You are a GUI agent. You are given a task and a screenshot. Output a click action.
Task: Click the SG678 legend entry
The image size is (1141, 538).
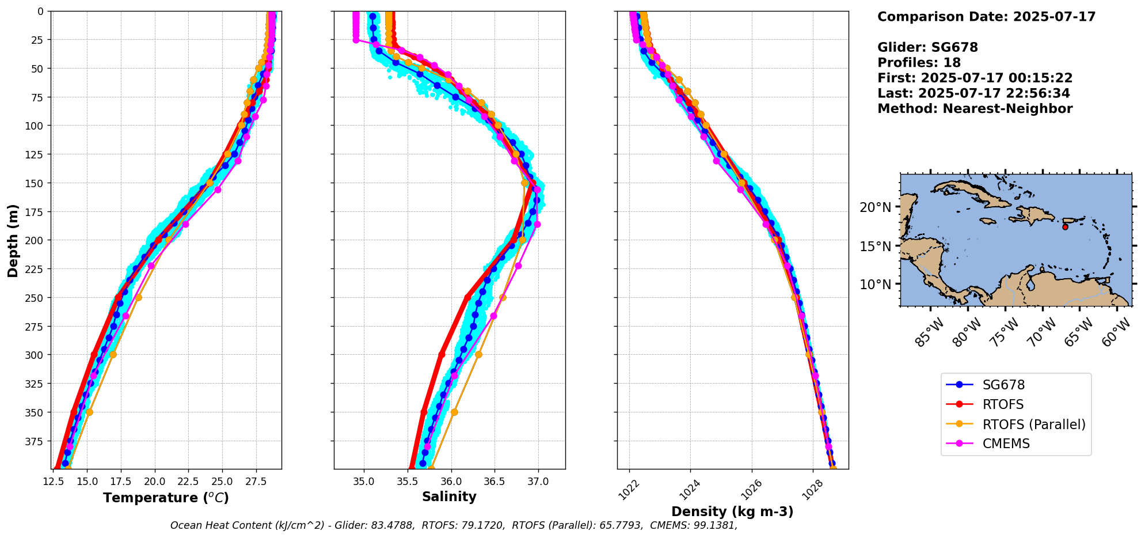[x=1003, y=385]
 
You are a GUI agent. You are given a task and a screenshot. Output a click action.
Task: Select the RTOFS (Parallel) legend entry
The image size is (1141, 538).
[x=1033, y=425]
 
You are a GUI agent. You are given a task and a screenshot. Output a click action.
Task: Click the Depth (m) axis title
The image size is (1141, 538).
[x=13, y=240]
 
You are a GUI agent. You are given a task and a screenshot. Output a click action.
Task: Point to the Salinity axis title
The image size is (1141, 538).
[x=449, y=497]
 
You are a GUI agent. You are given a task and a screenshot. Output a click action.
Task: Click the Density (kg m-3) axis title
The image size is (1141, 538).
[x=732, y=512]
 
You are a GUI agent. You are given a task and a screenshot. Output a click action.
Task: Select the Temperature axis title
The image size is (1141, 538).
[x=166, y=498]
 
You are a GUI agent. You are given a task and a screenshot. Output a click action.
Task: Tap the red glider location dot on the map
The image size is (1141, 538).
[x=1065, y=227]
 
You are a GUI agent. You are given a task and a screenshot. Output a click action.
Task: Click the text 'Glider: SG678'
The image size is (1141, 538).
[x=927, y=48]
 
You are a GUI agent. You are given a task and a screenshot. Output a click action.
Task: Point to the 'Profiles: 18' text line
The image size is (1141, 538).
[x=919, y=63]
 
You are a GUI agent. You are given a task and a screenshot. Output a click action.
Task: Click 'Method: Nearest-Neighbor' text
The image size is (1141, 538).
[x=975, y=109]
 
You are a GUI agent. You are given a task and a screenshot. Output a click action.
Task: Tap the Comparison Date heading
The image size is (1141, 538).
[x=986, y=17]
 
